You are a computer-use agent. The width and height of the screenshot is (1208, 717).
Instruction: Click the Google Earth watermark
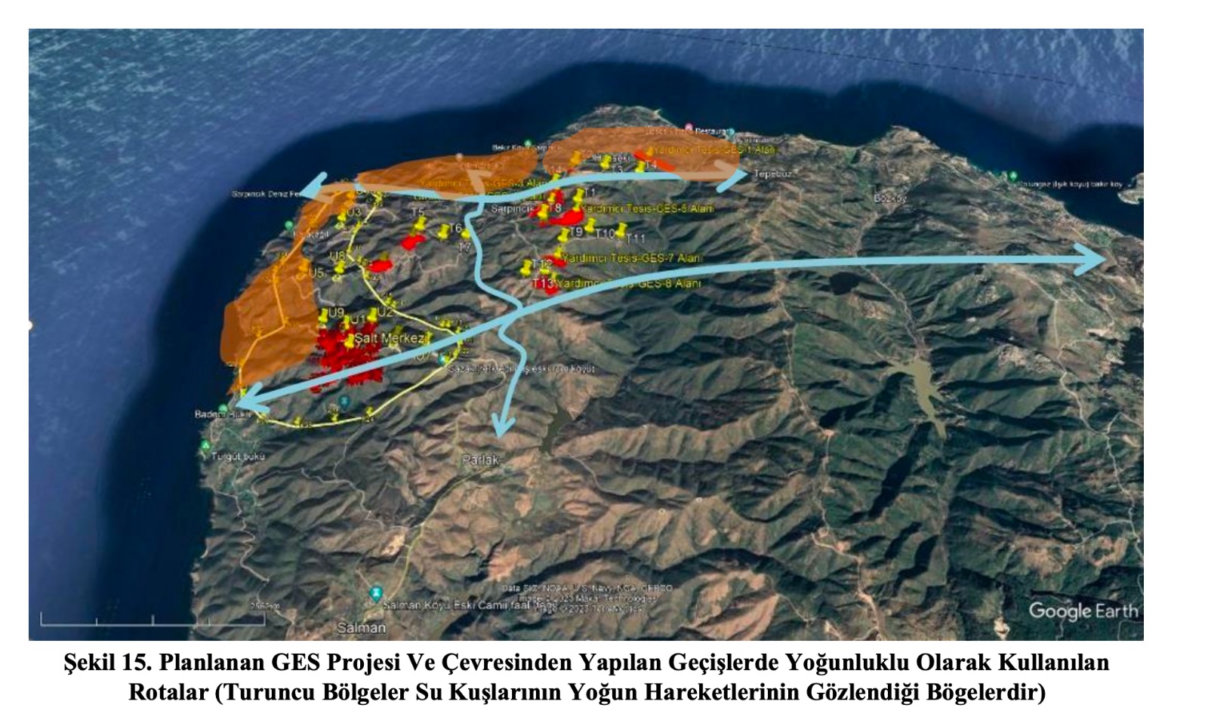(1083, 611)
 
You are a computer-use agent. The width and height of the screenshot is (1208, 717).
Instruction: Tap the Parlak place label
(480, 459)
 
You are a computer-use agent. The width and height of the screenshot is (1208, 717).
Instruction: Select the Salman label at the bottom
(361, 627)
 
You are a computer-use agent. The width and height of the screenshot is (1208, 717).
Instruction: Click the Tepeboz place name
(770, 174)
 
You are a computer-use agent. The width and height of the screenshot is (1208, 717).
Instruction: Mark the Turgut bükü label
(238, 456)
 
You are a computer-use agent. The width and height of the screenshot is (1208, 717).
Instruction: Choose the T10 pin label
(606, 234)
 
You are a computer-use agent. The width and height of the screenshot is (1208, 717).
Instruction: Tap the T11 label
(636, 238)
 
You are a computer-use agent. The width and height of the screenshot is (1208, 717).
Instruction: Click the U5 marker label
(316, 272)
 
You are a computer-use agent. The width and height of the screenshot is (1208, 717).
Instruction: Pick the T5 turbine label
(418, 212)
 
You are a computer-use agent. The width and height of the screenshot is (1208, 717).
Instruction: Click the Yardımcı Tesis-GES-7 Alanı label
(633, 258)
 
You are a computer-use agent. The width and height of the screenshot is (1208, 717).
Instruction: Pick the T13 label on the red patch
(542, 284)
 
